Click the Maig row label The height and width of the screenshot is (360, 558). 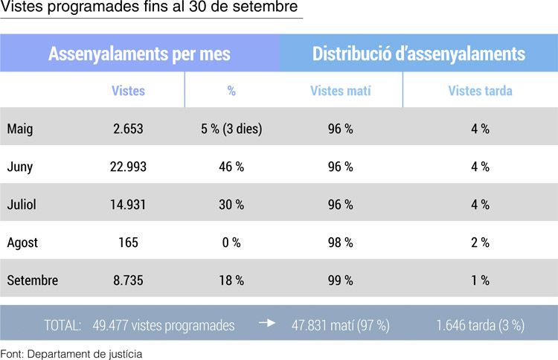20,129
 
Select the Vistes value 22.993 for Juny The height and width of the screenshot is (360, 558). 128,167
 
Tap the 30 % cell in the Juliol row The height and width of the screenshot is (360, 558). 231,205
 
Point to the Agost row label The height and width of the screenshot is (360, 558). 22,242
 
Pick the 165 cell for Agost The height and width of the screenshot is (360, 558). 128,242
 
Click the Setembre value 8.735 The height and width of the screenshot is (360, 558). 128,280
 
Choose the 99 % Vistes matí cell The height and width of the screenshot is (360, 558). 341,280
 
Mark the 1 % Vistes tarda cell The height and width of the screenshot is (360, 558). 480,280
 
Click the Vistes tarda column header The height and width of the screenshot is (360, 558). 480,91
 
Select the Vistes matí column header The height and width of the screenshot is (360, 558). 341,91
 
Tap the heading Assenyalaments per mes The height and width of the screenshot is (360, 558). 140,54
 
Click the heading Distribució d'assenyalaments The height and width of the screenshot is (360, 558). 419,54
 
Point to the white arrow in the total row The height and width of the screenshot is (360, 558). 267,323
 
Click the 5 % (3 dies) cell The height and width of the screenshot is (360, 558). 231,129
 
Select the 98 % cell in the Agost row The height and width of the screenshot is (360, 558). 341,242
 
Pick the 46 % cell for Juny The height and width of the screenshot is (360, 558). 231,167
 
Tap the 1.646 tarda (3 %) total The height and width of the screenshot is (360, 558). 481,326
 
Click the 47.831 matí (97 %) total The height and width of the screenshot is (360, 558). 341,326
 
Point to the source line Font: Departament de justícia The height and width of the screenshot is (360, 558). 71,354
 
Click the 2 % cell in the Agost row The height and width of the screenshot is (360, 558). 480,242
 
